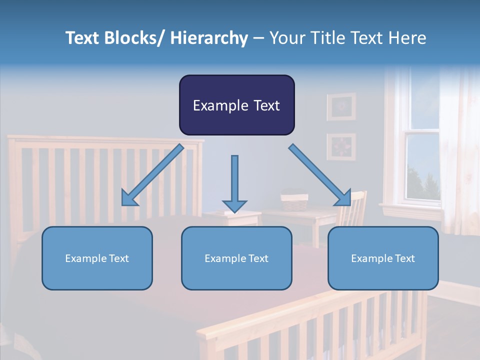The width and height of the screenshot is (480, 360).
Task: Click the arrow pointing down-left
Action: point(152,175)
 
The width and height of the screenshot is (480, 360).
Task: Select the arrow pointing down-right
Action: point(320,175)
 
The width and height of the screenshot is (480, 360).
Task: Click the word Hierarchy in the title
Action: point(209,38)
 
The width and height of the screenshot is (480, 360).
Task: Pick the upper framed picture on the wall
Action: point(341,106)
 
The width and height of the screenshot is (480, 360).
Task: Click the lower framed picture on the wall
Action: point(341,146)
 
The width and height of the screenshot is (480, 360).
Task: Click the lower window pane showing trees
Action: point(422,167)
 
